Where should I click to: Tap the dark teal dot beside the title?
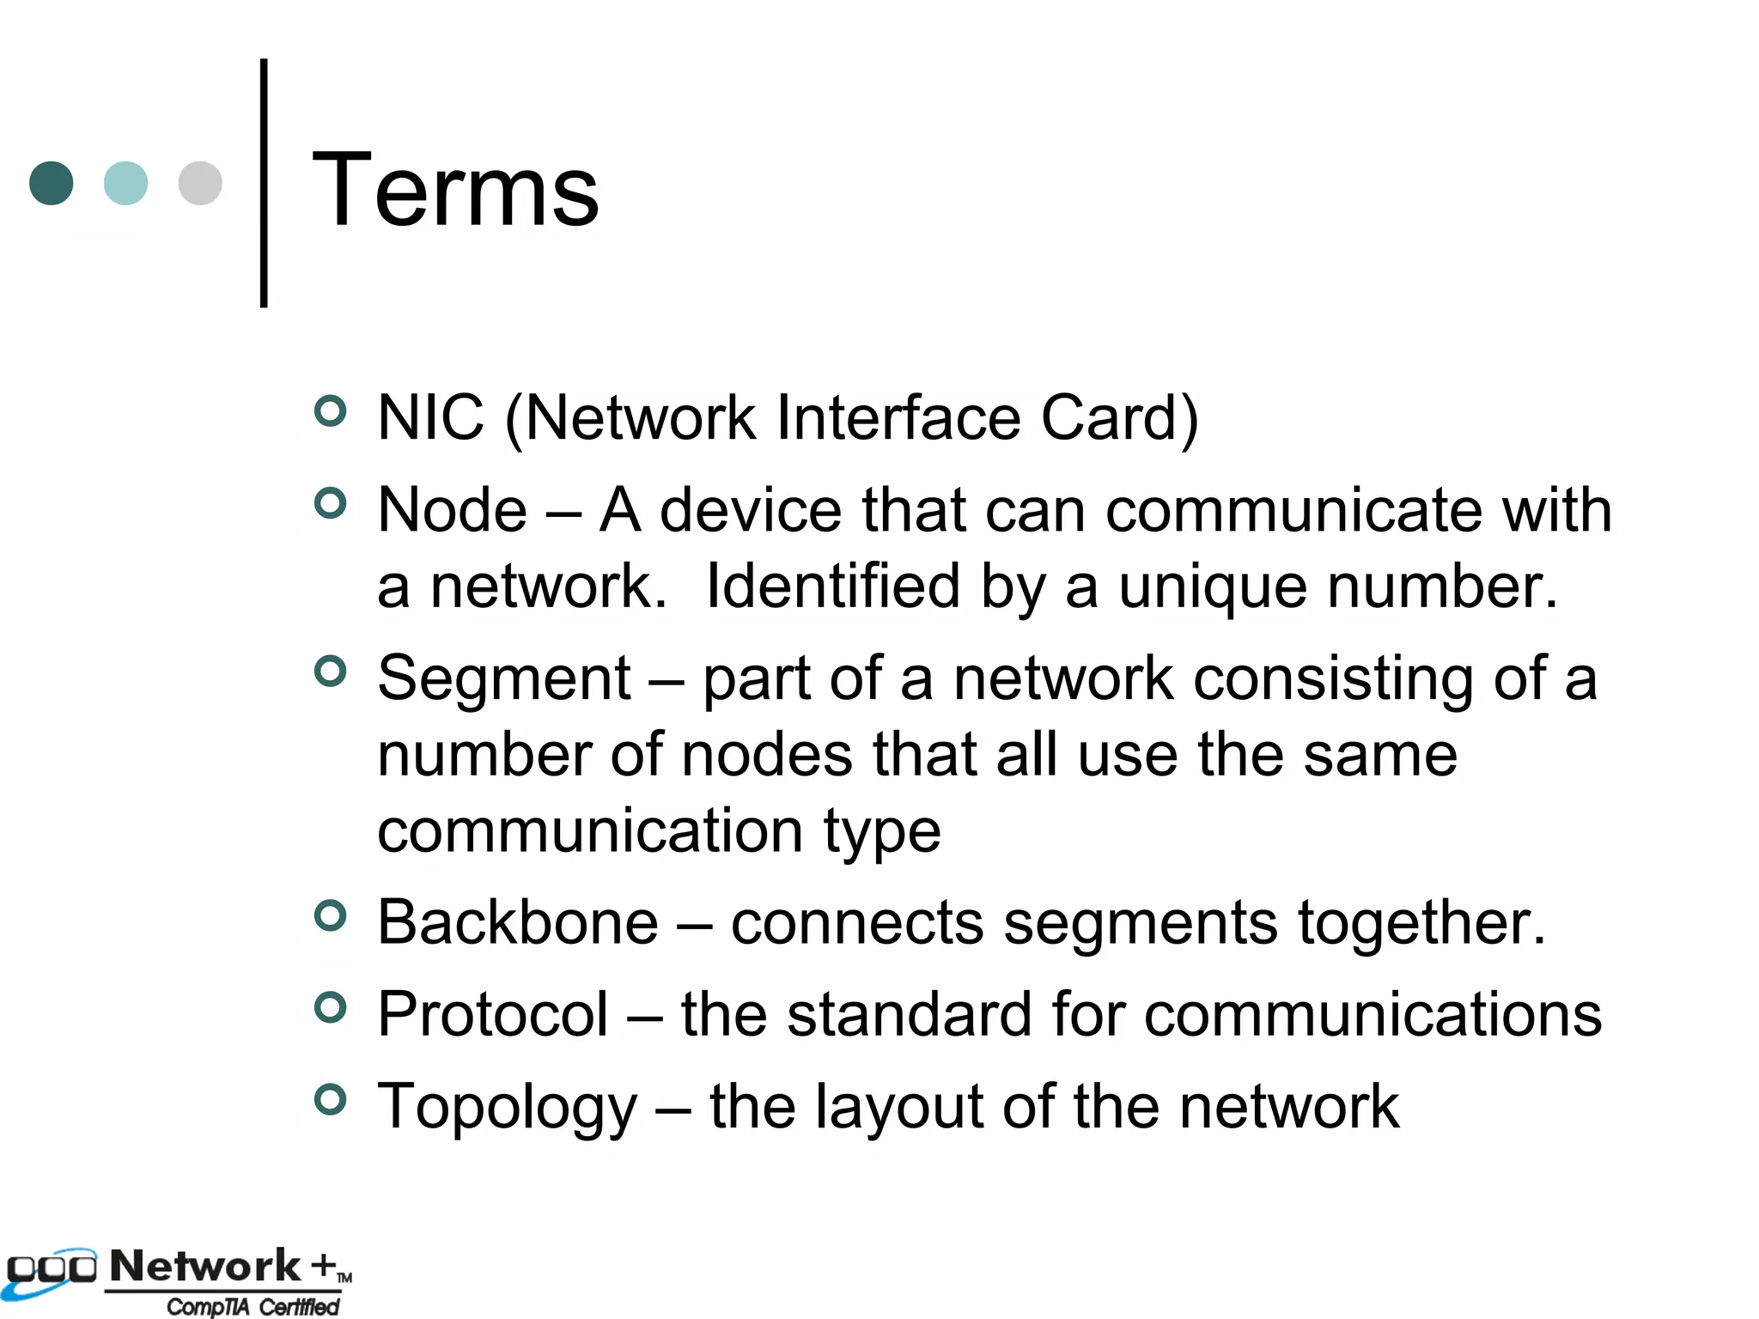click(52, 183)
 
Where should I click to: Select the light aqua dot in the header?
click(125, 183)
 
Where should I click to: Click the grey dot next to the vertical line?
click(200, 183)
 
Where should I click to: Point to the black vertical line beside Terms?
click(264, 183)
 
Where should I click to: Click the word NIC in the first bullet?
click(430, 417)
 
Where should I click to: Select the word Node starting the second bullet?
click(452, 510)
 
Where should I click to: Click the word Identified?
click(832, 587)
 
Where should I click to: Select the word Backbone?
click(518, 922)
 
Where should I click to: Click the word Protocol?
click(493, 1014)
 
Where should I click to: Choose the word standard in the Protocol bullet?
click(910, 1014)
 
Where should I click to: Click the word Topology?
click(508, 1108)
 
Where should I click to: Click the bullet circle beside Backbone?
click(331, 915)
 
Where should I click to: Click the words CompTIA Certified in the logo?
click(253, 1306)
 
